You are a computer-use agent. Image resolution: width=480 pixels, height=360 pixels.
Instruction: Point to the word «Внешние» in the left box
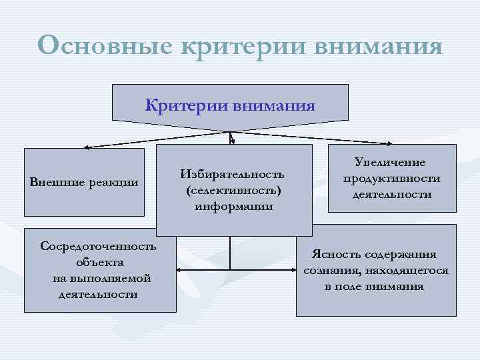[x=53, y=183]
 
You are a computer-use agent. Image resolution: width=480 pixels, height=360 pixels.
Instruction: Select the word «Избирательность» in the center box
[x=233, y=175]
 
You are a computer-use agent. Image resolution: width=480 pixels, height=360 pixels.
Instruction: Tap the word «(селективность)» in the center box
[x=233, y=191]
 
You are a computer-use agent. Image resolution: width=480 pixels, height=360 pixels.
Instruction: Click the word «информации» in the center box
[x=233, y=206]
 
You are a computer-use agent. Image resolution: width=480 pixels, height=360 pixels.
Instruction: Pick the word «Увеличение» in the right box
[x=391, y=163]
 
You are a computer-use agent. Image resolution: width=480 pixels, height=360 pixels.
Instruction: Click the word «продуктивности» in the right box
[x=391, y=179]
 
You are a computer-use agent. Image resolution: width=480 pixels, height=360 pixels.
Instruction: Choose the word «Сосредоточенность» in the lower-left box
[x=99, y=246]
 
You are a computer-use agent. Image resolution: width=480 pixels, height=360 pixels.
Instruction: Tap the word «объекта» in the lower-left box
[x=99, y=262]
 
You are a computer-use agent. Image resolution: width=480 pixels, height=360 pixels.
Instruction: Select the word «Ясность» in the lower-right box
[x=335, y=255]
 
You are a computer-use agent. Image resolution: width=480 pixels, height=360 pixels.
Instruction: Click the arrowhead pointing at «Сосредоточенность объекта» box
[x=179, y=270]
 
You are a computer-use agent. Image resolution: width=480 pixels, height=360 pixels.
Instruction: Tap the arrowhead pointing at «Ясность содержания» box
[x=294, y=270]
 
